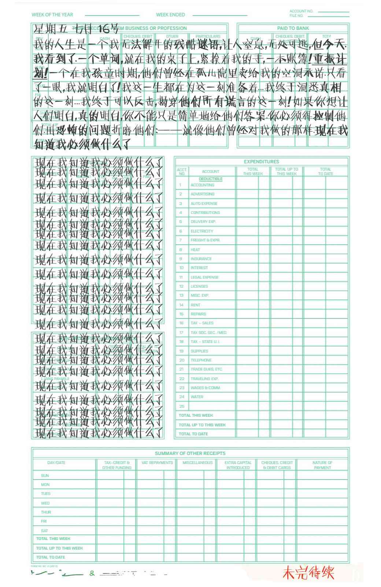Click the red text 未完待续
tap(308, 573)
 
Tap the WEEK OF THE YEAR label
tap(52, 15)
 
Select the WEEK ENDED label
tap(170, 15)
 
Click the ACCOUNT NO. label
tap(301, 11)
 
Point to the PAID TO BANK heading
tap(293, 28)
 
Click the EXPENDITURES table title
tap(261, 161)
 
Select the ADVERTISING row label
tap(202, 194)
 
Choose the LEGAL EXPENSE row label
tap(204, 277)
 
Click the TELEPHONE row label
tap(201, 360)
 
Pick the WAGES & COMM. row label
tap(205, 388)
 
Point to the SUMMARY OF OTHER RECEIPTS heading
tap(190, 453)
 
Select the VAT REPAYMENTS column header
tap(157, 463)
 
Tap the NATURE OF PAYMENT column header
tap(322, 465)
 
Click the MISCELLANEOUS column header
tap(197, 463)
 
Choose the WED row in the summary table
tap(45, 503)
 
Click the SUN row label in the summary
tap(45, 475)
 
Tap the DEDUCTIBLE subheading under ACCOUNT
tap(211, 179)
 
